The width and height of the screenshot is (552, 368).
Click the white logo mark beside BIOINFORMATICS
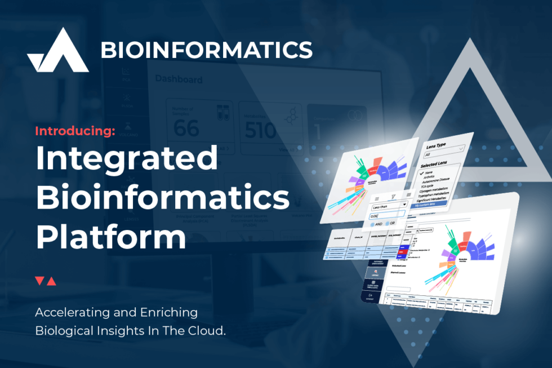coord(57,51)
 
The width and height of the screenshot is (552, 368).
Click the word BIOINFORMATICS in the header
coord(206,50)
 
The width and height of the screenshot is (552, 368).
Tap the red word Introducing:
coord(75,131)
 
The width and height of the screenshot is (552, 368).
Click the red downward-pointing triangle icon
coord(39,281)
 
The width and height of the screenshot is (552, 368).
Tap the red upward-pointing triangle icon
coord(51,281)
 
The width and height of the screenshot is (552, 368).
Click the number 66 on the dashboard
coord(186,128)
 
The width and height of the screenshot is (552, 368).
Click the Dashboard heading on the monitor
coord(178,79)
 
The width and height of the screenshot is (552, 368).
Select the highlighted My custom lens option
coord(429,205)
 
